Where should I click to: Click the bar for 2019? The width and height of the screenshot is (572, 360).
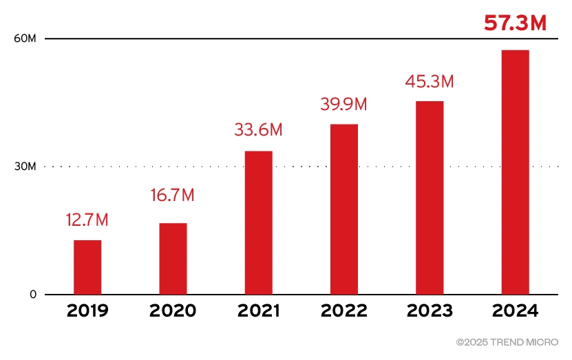pyautogui.click(x=87, y=267)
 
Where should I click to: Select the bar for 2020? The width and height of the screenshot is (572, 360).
pyautogui.click(x=173, y=259)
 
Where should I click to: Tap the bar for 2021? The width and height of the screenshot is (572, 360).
pyautogui.click(x=258, y=222)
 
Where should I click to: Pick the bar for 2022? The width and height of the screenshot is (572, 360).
pyautogui.click(x=343, y=209)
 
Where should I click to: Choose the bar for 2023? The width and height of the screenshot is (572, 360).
pyautogui.click(x=430, y=198)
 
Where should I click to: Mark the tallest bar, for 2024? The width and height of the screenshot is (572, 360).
pyautogui.click(x=515, y=172)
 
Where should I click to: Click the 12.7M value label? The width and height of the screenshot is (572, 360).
pyautogui.click(x=87, y=221)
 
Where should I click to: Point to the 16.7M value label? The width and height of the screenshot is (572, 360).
pyautogui.click(x=173, y=195)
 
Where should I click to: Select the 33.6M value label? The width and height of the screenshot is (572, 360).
pyautogui.click(x=258, y=129)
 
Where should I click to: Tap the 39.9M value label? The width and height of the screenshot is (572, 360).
pyautogui.click(x=343, y=105)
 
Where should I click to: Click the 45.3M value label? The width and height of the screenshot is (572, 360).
pyautogui.click(x=430, y=81)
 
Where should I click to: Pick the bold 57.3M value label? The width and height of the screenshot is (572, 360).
pyautogui.click(x=515, y=23)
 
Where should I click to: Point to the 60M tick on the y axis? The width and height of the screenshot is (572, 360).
pyautogui.click(x=25, y=39)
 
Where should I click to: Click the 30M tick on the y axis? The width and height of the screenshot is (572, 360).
pyautogui.click(x=25, y=167)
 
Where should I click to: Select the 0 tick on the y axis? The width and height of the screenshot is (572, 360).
pyautogui.click(x=32, y=295)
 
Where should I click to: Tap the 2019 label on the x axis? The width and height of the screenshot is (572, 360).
pyautogui.click(x=87, y=311)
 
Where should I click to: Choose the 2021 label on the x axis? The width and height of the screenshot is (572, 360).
pyautogui.click(x=258, y=311)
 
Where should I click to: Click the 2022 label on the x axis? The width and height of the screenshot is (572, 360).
pyautogui.click(x=343, y=311)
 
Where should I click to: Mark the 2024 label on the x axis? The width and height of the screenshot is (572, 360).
pyautogui.click(x=515, y=311)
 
